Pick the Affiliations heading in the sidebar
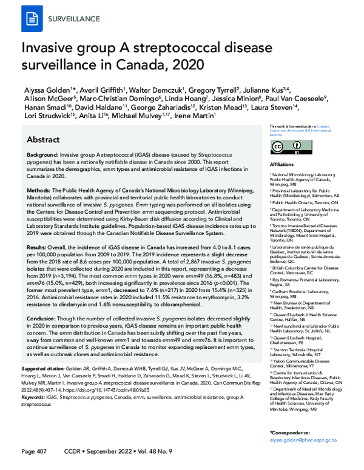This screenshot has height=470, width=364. click(281, 164)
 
